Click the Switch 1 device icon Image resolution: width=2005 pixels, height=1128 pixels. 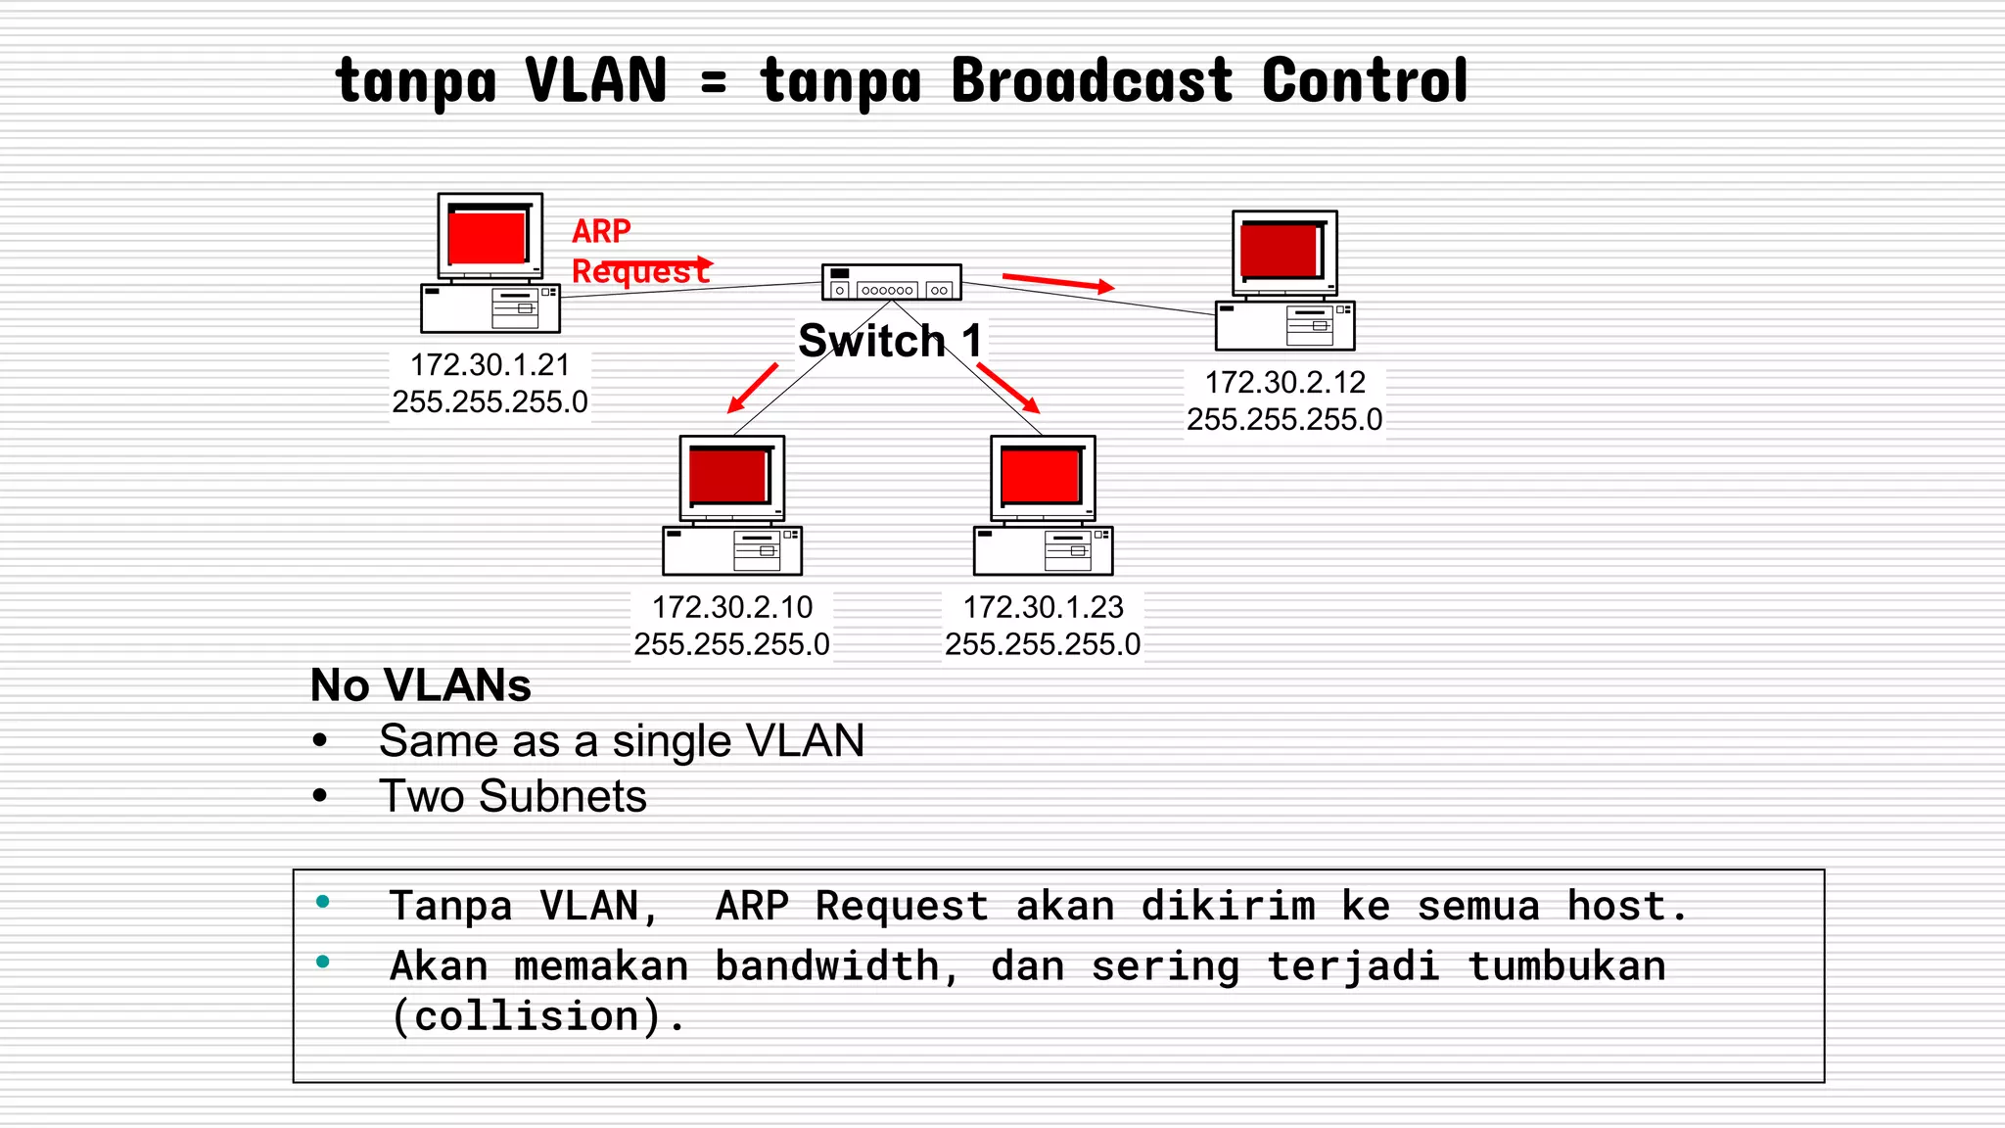point(891,282)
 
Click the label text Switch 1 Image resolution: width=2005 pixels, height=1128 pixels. point(889,341)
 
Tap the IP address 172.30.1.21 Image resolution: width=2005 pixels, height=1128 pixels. point(490,365)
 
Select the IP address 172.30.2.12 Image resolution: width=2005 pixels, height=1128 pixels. point(1284,383)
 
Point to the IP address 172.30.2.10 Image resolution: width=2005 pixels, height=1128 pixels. point(732,607)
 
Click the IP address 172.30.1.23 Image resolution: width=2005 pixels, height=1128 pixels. point(1043,607)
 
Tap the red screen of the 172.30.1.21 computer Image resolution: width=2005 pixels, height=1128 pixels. point(487,237)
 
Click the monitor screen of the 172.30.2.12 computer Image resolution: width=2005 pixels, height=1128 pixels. point(1280,252)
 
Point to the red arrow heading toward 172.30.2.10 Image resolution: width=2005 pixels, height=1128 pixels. point(752,389)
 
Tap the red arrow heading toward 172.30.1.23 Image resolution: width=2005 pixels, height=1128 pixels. point(1008,389)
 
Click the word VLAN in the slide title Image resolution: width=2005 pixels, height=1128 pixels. point(595,80)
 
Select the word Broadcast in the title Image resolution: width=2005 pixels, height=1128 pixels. point(1092,80)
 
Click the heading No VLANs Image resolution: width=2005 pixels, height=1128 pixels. point(421,685)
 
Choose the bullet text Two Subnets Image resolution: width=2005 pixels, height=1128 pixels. point(513,796)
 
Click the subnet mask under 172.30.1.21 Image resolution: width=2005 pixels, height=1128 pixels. point(490,402)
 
